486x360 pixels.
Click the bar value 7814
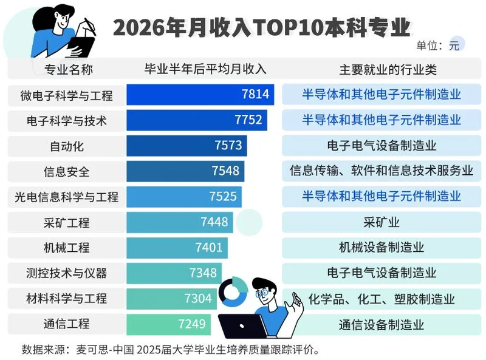click(x=255, y=94)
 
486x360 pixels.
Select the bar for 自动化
click(x=187, y=146)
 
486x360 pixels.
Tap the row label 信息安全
click(x=66, y=172)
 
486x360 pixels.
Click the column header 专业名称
click(x=69, y=69)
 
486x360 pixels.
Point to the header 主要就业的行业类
click(x=388, y=69)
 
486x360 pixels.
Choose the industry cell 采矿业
click(x=382, y=222)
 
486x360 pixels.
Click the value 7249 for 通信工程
click(x=192, y=324)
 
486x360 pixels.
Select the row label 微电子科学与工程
click(x=66, y=95)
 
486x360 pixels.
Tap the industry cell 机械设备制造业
click(x=382, y=248)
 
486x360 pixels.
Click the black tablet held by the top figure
click(x=81, y=47)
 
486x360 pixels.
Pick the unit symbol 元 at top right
click(x=454, y=46)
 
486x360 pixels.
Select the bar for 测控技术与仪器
click(x=174, y=273)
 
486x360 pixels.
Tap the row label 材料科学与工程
click(x=66, y=299)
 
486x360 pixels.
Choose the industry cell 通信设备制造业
click(x=382, y=325)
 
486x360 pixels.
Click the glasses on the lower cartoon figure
click(x=262, y=293)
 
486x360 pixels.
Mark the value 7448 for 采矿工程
click(x=214, y=222)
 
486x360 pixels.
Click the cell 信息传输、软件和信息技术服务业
click(x=382, y=171)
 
